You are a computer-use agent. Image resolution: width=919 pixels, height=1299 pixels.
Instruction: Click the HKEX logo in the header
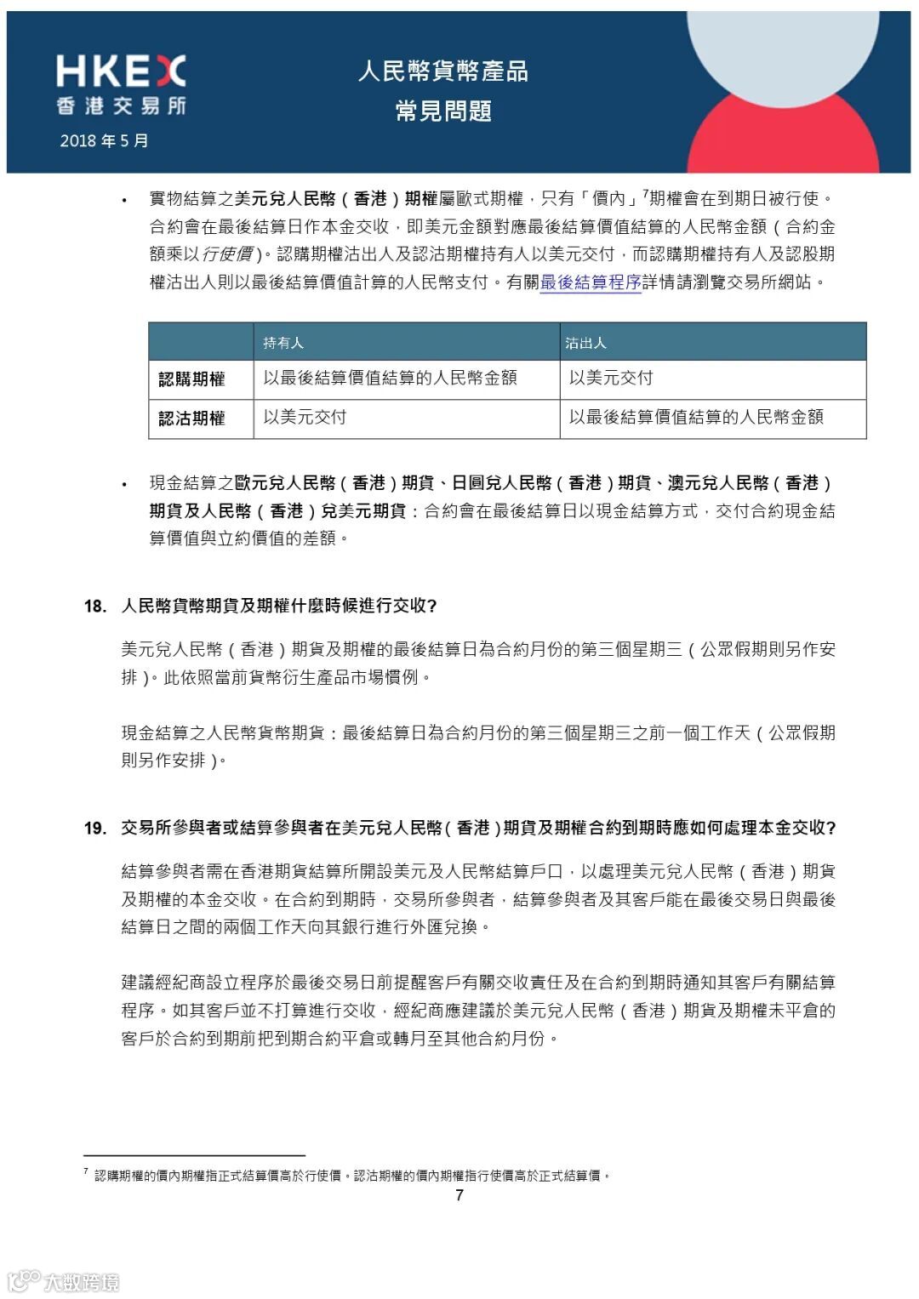(121, 71)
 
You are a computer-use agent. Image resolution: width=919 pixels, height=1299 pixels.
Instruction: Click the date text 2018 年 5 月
(104, 140)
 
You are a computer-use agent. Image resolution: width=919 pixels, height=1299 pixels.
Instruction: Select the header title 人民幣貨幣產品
(442, 71)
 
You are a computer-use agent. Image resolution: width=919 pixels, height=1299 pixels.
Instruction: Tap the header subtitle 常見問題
(442, 111)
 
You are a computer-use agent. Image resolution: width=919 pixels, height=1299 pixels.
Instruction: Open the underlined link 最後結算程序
(591, 282)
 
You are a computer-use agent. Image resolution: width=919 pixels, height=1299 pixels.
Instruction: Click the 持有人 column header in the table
(283, 343)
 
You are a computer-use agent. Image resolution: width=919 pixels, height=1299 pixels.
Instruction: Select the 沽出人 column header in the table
(585, 343)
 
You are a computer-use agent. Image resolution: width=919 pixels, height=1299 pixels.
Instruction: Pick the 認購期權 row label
(192, 379)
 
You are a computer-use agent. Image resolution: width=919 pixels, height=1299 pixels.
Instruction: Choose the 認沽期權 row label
(192, 419)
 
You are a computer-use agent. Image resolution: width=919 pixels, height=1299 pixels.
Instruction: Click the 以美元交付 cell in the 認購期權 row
(611, 378)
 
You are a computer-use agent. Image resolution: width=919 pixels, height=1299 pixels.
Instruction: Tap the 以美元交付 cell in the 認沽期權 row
(305, 417)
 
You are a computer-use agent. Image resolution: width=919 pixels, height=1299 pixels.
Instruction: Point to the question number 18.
(94, 606)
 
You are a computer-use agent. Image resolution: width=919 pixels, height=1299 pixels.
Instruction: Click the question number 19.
(94, 828)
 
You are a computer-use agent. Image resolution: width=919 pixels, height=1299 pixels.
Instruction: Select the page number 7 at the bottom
(459, 1195)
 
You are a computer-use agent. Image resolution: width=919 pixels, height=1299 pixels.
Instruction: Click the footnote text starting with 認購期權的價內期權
(352, 1176)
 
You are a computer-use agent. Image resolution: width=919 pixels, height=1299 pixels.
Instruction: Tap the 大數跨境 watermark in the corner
(65, 1281)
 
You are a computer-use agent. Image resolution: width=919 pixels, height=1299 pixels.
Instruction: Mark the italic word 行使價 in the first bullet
(227, 254)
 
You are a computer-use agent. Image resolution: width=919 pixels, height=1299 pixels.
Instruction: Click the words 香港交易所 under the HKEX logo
(121, 106)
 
